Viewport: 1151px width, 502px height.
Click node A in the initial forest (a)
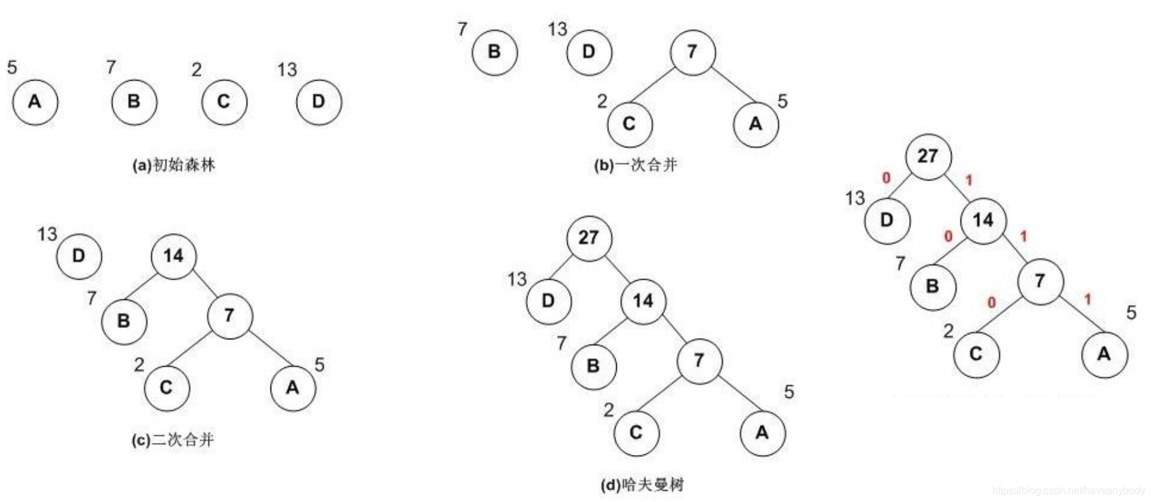[x=35, y=102]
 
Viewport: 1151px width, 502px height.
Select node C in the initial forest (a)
[x=224, y=102]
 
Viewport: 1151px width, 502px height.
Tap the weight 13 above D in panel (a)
[x=286, y=69]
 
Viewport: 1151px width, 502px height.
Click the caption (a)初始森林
[x=173, y=165]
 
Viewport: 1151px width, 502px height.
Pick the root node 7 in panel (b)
[x=692, y=52]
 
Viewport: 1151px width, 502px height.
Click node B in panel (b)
[x=494, y=52]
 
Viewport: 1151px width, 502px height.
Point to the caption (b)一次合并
[x=635, y=165]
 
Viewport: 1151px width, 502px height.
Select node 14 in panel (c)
[x=173, y=256]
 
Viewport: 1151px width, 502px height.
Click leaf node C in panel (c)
[x=166, y=387]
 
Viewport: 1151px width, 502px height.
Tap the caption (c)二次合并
[x=173, y=440]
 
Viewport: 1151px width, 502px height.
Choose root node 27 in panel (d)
[x=589, y=238]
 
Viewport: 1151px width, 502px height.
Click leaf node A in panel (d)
[x=762, y=433]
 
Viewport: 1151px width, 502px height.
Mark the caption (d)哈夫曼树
[x=642, y=485]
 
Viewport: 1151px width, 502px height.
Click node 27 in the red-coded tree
[x=928, y=156]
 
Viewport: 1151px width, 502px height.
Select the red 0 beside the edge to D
[x=886, y=178]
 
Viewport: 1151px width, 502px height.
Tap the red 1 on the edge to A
[x=1087, y=299]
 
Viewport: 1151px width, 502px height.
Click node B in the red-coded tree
[x=932, y=287]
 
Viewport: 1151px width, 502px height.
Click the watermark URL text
[x=1067, y=491]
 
